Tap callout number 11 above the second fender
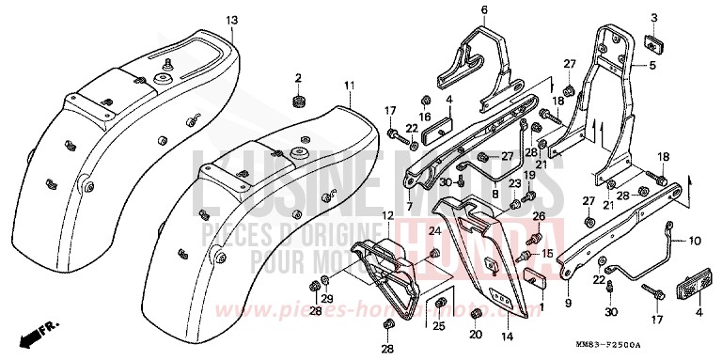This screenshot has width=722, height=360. [349, 85]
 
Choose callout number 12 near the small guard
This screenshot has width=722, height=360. [360, 217]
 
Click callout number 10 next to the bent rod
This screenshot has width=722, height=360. [695, 241]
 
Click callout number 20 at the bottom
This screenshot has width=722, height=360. [475, 334]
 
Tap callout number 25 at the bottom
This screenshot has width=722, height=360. [438, 326]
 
